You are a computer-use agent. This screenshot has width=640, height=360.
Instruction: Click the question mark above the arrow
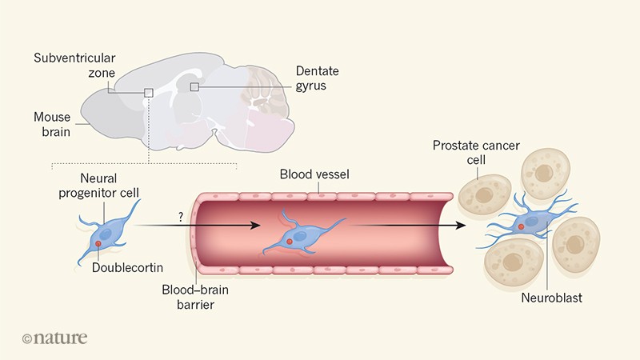point(181,215)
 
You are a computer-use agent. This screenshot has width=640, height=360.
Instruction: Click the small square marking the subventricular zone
point(149,93)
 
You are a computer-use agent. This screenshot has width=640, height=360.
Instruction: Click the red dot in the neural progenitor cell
point(98,242)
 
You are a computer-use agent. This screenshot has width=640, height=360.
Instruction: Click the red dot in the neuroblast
point(522,228)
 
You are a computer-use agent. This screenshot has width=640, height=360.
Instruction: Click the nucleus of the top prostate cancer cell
point(544,173)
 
